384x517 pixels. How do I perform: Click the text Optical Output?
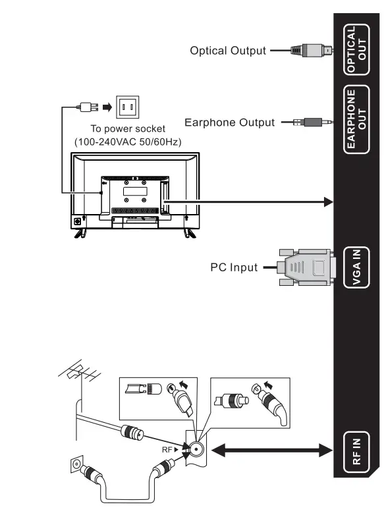(228, 50)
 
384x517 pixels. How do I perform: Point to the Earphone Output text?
(229, 122)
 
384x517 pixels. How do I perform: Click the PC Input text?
(234, 267)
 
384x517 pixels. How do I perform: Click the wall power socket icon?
(128, 105)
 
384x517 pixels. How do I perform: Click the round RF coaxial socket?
(196, 450)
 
